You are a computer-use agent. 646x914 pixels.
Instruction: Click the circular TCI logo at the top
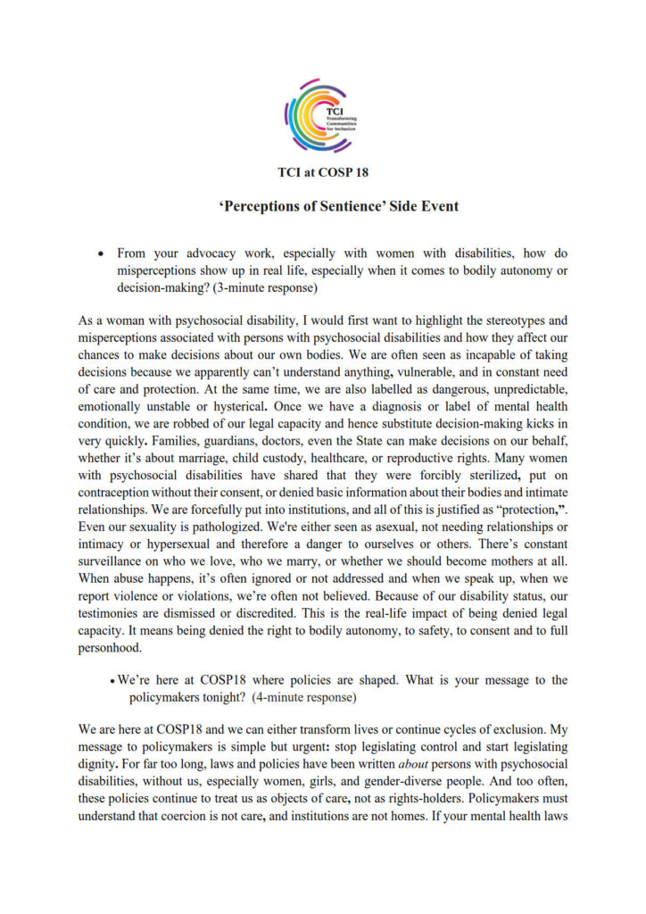pyautogui.click(x=322, y=115)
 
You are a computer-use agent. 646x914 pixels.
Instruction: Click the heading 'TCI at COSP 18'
pyautogui.click(x=322, y=173)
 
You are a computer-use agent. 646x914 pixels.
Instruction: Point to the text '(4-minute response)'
pyautogui.click(x=301, y=696)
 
